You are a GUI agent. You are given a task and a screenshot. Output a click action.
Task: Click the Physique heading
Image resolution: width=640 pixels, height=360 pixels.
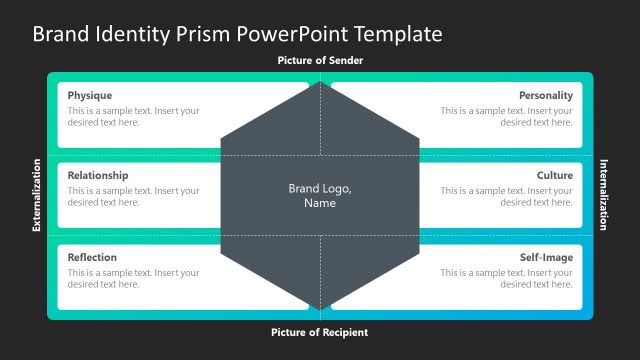coord(90,95)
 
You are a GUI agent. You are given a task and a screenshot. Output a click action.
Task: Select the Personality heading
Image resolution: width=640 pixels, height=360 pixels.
coord(545,95)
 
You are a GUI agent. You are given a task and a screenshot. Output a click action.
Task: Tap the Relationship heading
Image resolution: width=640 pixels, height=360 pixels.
coord(98,175)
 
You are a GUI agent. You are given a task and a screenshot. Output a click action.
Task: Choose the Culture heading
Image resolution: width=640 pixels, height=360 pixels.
coord(554,175)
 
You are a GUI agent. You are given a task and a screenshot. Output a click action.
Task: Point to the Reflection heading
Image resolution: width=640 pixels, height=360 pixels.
coord(92,257)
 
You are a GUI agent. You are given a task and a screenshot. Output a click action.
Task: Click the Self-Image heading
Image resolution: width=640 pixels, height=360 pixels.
coord(546,257)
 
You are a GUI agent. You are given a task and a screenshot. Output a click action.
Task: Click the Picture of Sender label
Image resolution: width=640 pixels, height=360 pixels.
coord(320,61)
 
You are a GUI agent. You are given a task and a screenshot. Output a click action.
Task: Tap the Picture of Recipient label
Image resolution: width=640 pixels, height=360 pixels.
coord(320,332)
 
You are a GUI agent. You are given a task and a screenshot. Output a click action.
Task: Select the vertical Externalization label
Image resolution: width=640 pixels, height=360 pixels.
coord(37,195)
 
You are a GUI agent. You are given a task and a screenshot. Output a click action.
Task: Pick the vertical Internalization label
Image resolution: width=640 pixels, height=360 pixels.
coord(603,195)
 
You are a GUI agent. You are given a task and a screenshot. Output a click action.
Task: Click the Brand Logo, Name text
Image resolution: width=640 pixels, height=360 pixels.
coord(320,195)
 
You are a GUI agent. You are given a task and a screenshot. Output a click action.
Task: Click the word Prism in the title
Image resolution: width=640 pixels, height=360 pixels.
coord(203,34)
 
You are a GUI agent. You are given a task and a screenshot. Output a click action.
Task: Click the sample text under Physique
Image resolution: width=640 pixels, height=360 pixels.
coord(133,116)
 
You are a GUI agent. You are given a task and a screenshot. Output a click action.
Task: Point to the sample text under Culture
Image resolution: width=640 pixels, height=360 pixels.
coord(506,196)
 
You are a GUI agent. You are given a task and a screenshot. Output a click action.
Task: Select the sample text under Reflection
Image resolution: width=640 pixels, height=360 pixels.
coord(133,278)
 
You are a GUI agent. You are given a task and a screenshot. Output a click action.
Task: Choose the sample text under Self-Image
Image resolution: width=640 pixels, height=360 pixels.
coord(506,278)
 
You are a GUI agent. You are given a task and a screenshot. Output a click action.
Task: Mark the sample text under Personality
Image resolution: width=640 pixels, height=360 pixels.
coord(506,116)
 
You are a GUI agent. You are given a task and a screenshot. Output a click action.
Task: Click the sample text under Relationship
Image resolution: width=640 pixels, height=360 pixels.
coord(133,196)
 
